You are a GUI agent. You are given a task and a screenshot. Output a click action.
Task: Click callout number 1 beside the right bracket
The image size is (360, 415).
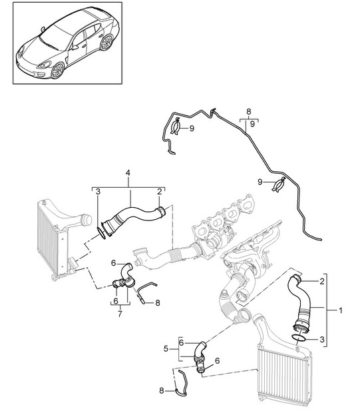[341, 310]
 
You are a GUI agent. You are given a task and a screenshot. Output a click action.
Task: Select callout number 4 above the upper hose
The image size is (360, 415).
[128, 173]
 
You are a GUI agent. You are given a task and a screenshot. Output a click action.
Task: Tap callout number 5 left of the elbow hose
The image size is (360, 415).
[166, 349]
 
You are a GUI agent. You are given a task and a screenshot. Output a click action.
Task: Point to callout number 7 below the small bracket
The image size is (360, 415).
[120, 314]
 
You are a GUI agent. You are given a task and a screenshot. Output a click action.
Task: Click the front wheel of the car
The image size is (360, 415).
[58, 71]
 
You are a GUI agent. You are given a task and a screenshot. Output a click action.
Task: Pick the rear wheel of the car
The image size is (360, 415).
[106, 43]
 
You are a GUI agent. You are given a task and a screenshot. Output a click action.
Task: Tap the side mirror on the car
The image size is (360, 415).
[75, 48]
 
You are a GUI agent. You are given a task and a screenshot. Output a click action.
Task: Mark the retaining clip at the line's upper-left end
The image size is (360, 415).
[176, 128]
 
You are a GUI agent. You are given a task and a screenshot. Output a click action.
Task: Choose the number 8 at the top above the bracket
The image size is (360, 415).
[249, 112]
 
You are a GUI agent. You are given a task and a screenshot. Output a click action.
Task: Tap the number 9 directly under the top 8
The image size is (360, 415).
[252, 124]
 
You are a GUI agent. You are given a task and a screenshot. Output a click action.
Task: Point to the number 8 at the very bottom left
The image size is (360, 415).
[162, 390]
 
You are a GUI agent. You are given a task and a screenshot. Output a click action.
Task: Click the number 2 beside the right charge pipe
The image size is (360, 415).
[321, 281]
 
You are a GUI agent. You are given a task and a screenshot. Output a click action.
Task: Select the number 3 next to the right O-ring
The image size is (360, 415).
[321, 339]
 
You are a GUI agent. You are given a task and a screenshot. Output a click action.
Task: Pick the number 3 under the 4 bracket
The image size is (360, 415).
[98, 192]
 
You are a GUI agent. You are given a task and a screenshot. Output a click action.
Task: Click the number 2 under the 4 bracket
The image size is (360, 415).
[159, 192]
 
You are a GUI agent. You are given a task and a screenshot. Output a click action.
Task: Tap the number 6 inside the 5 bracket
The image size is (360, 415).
[181, 343]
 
